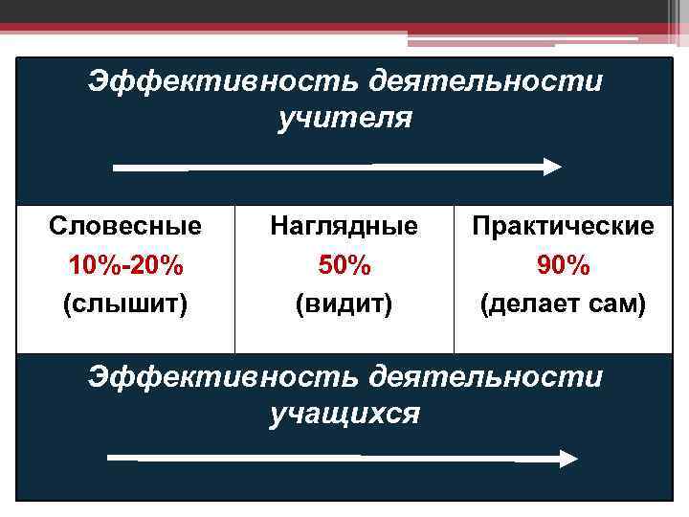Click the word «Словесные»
[125, 227]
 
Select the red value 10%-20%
[125, 265]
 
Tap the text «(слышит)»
[125, 304]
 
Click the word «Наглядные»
[344, 227]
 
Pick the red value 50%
[344, 265]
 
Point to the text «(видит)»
[344, 304]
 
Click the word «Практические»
[563, 227]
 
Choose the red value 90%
[563, 265]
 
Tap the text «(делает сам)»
[563, 304]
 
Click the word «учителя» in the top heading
[344, 119]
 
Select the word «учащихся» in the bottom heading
[344, 414]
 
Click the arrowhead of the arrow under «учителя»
[552, 167]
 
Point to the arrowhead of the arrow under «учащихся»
[568, 459]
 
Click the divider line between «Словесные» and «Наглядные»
[234, 279]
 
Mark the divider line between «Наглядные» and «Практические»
[454, 279]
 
